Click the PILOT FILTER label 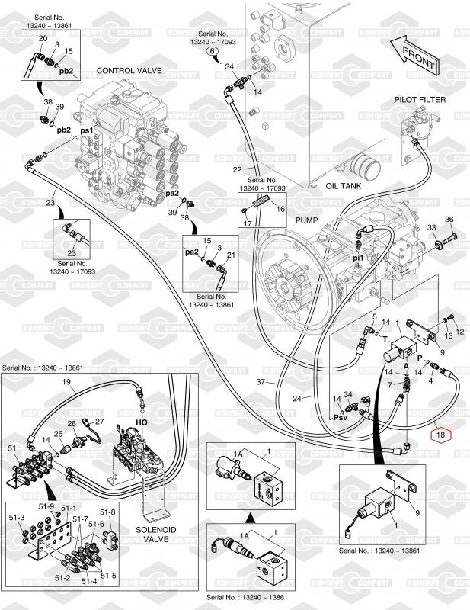[x=420, y=100]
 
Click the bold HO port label [x=142, y=422]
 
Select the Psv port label [x=340, y=417]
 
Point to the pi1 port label [x=357, y=258]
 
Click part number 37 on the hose [x=260, y=381]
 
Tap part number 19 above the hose [x=66, y=381]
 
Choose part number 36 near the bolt [x=449, y=220]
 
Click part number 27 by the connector [x=98, y=421]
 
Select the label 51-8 [x=108, y=512]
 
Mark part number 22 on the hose [x=238, y=169]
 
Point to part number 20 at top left [x=42, y=37]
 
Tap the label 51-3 [x=17, y=518]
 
